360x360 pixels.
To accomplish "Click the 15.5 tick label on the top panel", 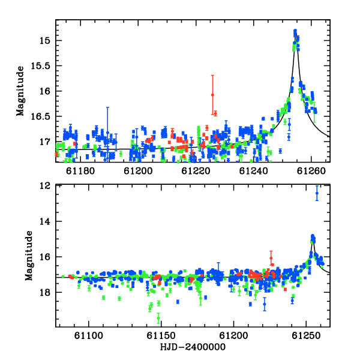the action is pos(40,66).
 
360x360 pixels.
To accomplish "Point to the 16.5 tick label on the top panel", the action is pos(40,116).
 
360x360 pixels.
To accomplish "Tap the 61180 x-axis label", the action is pos(80,171).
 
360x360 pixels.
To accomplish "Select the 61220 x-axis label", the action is pos(196,171).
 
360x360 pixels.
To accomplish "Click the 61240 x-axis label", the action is pos(253,171).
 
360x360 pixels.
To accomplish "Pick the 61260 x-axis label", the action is pos(311,171).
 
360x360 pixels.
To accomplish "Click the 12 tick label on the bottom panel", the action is pos(45,186).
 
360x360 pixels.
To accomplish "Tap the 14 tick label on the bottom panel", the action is pos(45,221).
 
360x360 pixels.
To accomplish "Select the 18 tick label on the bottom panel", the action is pos(45,293).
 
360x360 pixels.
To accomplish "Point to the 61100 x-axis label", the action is pos(89,335).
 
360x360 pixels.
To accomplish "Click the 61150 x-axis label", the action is pos(161,335).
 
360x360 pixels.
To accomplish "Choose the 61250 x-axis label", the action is pos(306,335).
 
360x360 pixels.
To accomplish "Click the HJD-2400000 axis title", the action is pos(193,347).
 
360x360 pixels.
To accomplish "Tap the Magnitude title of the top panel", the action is pos(20,91).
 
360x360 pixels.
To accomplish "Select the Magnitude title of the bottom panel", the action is pos(29,256).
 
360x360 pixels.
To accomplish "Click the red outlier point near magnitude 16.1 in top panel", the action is pos(212,95).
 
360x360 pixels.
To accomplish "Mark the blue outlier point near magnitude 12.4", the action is pos(317,193).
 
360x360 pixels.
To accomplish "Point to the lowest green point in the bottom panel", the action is pos(158,318).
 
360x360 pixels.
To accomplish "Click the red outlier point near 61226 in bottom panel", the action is pos(271,258).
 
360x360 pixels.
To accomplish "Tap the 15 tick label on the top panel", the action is pos(45,41).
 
